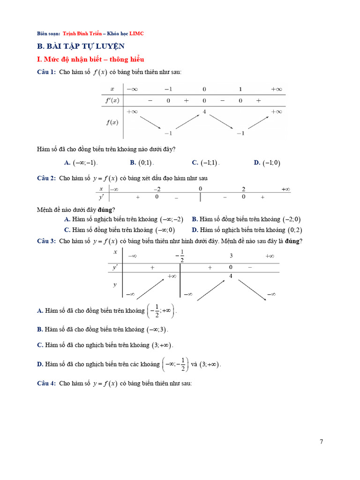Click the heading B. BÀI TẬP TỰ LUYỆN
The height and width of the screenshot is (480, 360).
[x=81, y=46]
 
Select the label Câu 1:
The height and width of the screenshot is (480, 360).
[x=46, y=72]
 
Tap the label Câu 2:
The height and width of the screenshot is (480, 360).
[x=46, y=178]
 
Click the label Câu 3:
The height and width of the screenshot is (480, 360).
[x=46, y=241]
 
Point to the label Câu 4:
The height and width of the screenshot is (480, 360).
[x=46, y=383]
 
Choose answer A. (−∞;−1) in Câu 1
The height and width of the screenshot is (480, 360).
[x=80, y=163]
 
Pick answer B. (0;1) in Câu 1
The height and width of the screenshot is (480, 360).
[x=142, y=163]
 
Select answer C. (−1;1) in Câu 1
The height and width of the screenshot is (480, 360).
[x=205, y=163]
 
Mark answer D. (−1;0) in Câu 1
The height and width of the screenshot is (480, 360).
[x=267, y=163]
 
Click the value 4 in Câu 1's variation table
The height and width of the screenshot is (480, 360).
[x=204, y=112]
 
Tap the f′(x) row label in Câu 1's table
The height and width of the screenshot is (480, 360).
[x=112, y=100]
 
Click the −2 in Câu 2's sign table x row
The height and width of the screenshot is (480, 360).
[x=157, y=189]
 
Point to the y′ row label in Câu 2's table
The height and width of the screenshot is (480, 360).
[x=101, y=197]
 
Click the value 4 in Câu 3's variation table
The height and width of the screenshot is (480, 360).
[x=231, y=276]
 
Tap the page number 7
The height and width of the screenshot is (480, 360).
[x=321, y=442]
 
